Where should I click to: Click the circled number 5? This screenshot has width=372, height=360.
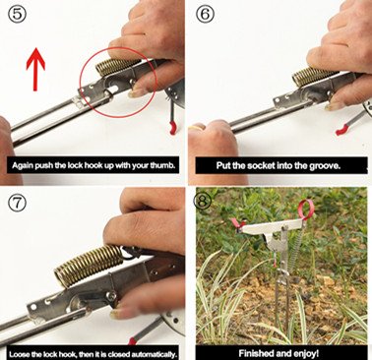[x=16, y=14]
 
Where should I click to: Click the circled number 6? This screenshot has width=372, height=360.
[x=205, y=14]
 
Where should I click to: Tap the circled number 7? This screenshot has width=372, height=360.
[x=17, y=204]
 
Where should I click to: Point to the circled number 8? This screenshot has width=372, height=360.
[x=203, y=201]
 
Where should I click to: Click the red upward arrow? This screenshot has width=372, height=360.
[x=35, y=69]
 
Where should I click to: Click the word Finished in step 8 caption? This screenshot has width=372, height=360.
[x=253, y=353]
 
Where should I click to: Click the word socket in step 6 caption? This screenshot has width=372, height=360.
[x=261, y=165]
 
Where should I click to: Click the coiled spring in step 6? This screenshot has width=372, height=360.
[x=311, y=77]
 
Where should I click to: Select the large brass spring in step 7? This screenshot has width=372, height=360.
[x=90, y=265]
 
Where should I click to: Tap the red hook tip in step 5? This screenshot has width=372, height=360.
[x=172, y=127]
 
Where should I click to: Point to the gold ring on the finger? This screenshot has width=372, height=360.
[x=196, y=127]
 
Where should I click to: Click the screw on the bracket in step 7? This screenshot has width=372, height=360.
[x=113, y=295]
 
